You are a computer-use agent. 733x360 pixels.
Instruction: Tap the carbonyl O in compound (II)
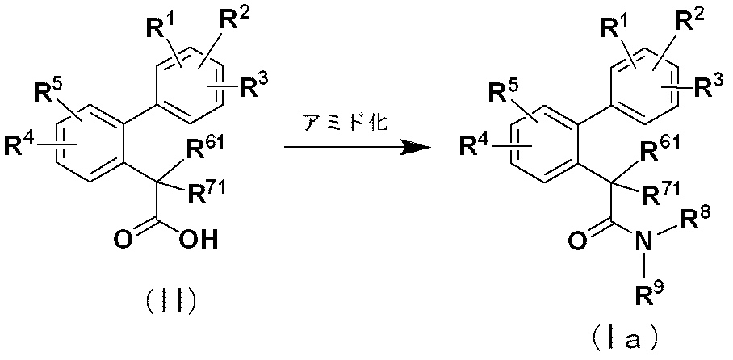[124, 241]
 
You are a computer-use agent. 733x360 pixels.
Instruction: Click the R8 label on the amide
[695, 218]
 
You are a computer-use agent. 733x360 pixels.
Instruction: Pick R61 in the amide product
[656, 152]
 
